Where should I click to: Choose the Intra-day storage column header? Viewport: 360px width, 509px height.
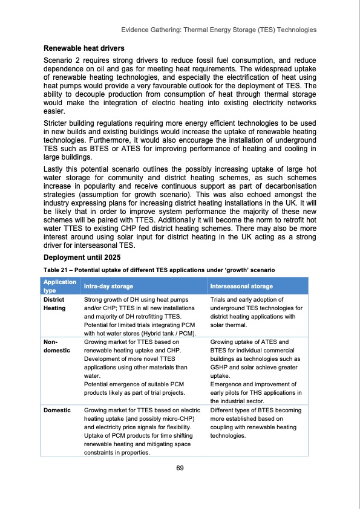(108, 286)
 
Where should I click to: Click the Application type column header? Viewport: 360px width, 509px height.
(59, 286)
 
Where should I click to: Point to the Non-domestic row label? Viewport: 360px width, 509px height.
(56, 345)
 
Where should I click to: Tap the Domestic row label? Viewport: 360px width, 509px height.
(57, 410)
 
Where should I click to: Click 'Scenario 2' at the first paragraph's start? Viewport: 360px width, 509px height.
(66, 61)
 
